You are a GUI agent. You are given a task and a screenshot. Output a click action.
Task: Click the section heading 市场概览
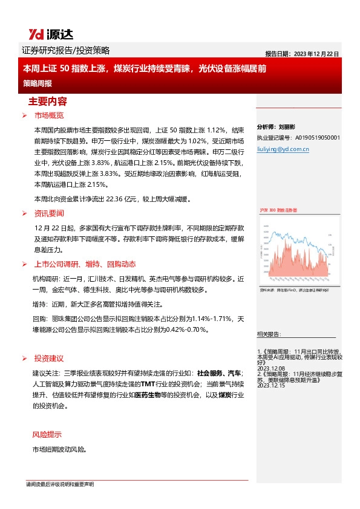pyautogui.click(x=48, y=115)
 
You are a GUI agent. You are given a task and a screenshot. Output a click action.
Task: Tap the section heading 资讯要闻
pyautogui.click(x=48, y=213)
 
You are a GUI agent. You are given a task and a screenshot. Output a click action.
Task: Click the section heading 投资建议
pyautogui.click(x=48, y=358)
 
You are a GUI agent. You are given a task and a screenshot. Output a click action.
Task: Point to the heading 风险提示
pyautogui.click(x=46, y=435)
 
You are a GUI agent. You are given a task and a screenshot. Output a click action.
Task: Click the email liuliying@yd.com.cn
pyautogui.click(x=283, y=147)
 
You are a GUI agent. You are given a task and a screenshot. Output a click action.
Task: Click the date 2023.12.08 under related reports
pyautogui.click(x=270, y=368)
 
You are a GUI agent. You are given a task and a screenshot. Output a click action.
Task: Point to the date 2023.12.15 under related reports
pyautogui.click(x=270, y=393)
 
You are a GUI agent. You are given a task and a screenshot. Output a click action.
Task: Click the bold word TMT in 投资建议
pyautogui.click(x=148, y=384)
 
